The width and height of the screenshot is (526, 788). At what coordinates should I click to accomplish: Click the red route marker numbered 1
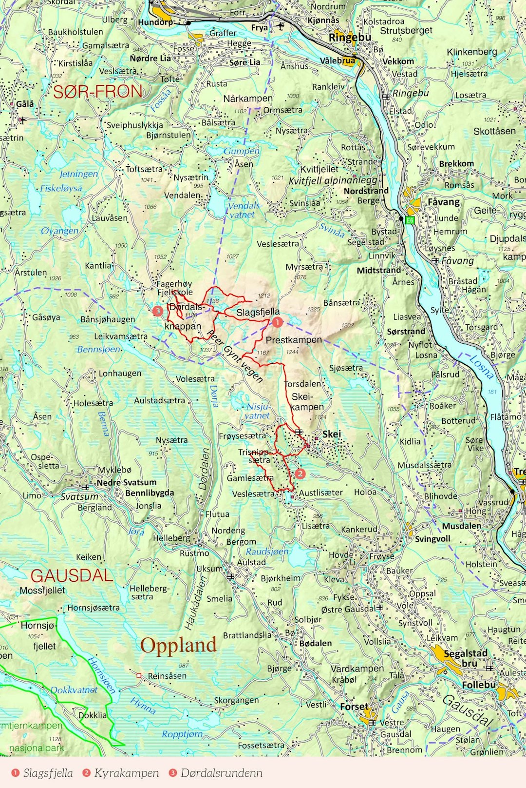pos(277,322)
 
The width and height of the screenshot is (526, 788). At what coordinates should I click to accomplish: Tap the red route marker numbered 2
pos(300,473)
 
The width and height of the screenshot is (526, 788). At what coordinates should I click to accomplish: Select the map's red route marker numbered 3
pos(157,311)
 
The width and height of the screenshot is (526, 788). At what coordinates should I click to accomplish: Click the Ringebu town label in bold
pos(350,38)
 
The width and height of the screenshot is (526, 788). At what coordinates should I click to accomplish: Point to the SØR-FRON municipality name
pos(98,92)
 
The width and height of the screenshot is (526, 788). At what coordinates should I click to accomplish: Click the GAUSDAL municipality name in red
pos(72,576)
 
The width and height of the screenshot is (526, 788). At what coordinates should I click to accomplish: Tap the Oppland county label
pos(178,645)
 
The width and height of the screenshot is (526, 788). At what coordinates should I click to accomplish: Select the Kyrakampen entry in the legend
pos(126,773)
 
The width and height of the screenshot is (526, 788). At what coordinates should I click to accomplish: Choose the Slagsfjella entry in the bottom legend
pos(48,773)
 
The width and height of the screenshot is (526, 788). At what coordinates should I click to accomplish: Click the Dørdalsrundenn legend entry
pos(221,773)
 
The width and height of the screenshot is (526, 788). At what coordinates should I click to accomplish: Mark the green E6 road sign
pos(409,220)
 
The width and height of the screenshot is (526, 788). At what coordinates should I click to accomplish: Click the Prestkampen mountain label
pos(294,340)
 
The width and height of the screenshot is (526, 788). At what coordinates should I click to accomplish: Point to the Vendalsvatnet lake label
pos(244,210)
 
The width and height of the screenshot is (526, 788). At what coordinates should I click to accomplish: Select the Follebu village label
pos(478,685)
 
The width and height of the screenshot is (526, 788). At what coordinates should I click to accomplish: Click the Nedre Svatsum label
pos(127,482)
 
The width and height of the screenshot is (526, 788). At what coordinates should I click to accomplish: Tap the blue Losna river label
pos(481,367)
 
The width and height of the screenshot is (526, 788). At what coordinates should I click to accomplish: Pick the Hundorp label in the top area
pos(155,22)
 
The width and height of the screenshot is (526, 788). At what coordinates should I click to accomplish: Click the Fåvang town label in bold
pos(443,202)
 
